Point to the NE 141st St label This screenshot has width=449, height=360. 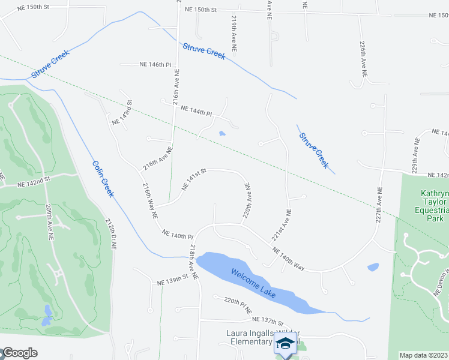click(194, 179)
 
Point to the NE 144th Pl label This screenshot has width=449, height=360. click(196, 112)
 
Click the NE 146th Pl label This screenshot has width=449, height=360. click(155, 64)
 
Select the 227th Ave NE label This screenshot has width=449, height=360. click(379, 205)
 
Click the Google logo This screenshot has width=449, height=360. click(19, 353)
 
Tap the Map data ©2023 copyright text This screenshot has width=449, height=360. click(424, 355)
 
